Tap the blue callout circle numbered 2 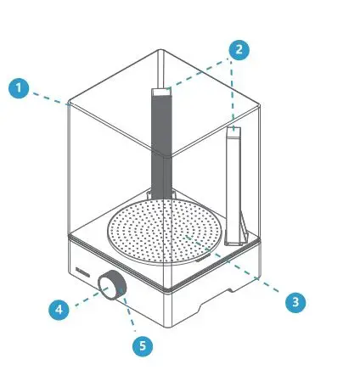239,49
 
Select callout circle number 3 295,300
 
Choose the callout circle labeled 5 142,345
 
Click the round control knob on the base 111,286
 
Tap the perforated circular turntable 170,232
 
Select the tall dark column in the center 161,144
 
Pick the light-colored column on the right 234,182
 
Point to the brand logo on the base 81,272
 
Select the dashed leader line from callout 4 85,300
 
